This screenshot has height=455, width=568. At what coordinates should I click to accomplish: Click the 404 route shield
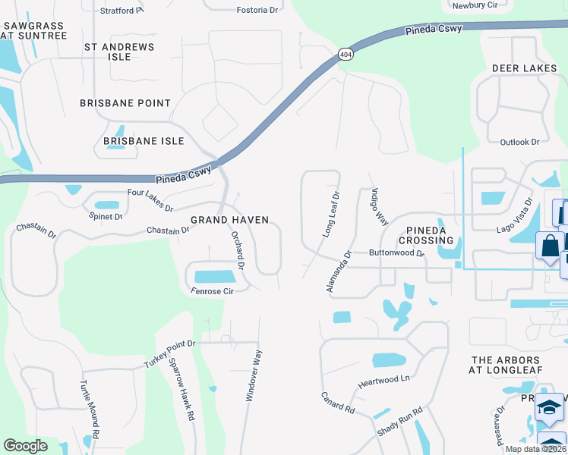(346, 55)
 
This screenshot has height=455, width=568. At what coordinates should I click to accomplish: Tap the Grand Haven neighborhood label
(229, 220)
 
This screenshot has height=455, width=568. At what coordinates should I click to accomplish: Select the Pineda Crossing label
(431, 235)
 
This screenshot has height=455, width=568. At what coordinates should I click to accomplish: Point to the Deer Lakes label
(525, 68)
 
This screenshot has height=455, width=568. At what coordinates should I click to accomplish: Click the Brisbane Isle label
(144, 141)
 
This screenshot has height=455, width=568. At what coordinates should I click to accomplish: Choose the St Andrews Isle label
(119, 52)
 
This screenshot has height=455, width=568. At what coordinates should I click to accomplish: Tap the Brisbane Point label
(126, 103)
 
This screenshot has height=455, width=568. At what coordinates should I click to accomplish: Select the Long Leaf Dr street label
(330, 215)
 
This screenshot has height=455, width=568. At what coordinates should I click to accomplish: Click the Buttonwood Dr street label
(396, 253)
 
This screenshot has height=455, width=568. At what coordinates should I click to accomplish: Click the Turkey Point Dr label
(170, 354)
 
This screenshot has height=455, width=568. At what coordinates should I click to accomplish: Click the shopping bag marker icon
(548, 246)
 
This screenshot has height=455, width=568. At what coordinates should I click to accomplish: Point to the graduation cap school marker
(550, 407)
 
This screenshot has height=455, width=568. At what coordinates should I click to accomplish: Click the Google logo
(25, 446)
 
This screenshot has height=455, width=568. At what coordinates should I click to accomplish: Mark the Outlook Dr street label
(519, 142)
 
